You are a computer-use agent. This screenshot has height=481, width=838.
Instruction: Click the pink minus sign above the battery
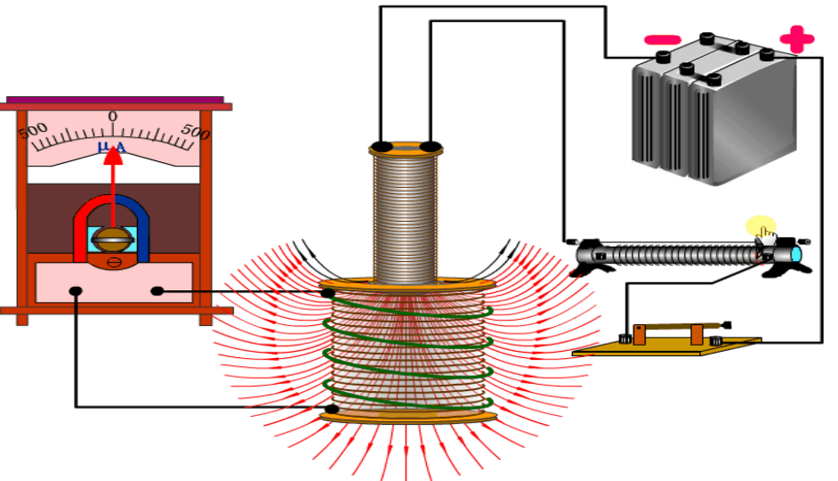pos(663,40)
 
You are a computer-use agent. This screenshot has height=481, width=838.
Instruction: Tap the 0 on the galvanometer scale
pos(113,117)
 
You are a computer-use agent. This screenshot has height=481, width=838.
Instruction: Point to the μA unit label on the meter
pos(111,145)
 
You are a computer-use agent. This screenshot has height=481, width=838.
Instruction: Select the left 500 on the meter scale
pos(33,131)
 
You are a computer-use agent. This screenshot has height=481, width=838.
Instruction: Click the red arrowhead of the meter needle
pos(112,156)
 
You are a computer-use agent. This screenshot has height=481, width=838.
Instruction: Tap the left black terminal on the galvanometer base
pos(77,290)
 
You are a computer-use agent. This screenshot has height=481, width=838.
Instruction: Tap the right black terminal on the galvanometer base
pos(157,290)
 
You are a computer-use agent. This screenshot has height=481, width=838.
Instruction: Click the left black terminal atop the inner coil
pos(381,146)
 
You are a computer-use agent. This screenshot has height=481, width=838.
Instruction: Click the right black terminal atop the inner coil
pos(431,146)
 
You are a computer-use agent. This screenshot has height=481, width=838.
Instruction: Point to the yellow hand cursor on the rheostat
pos(762,229)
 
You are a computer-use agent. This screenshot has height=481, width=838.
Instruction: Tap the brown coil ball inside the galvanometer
pos(112,239)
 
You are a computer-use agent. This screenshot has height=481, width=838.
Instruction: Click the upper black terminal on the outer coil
pos(328,291)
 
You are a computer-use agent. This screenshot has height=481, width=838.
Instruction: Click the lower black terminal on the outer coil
pos(328,408)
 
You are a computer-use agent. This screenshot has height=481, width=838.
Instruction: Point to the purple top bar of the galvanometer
pos(115,100)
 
